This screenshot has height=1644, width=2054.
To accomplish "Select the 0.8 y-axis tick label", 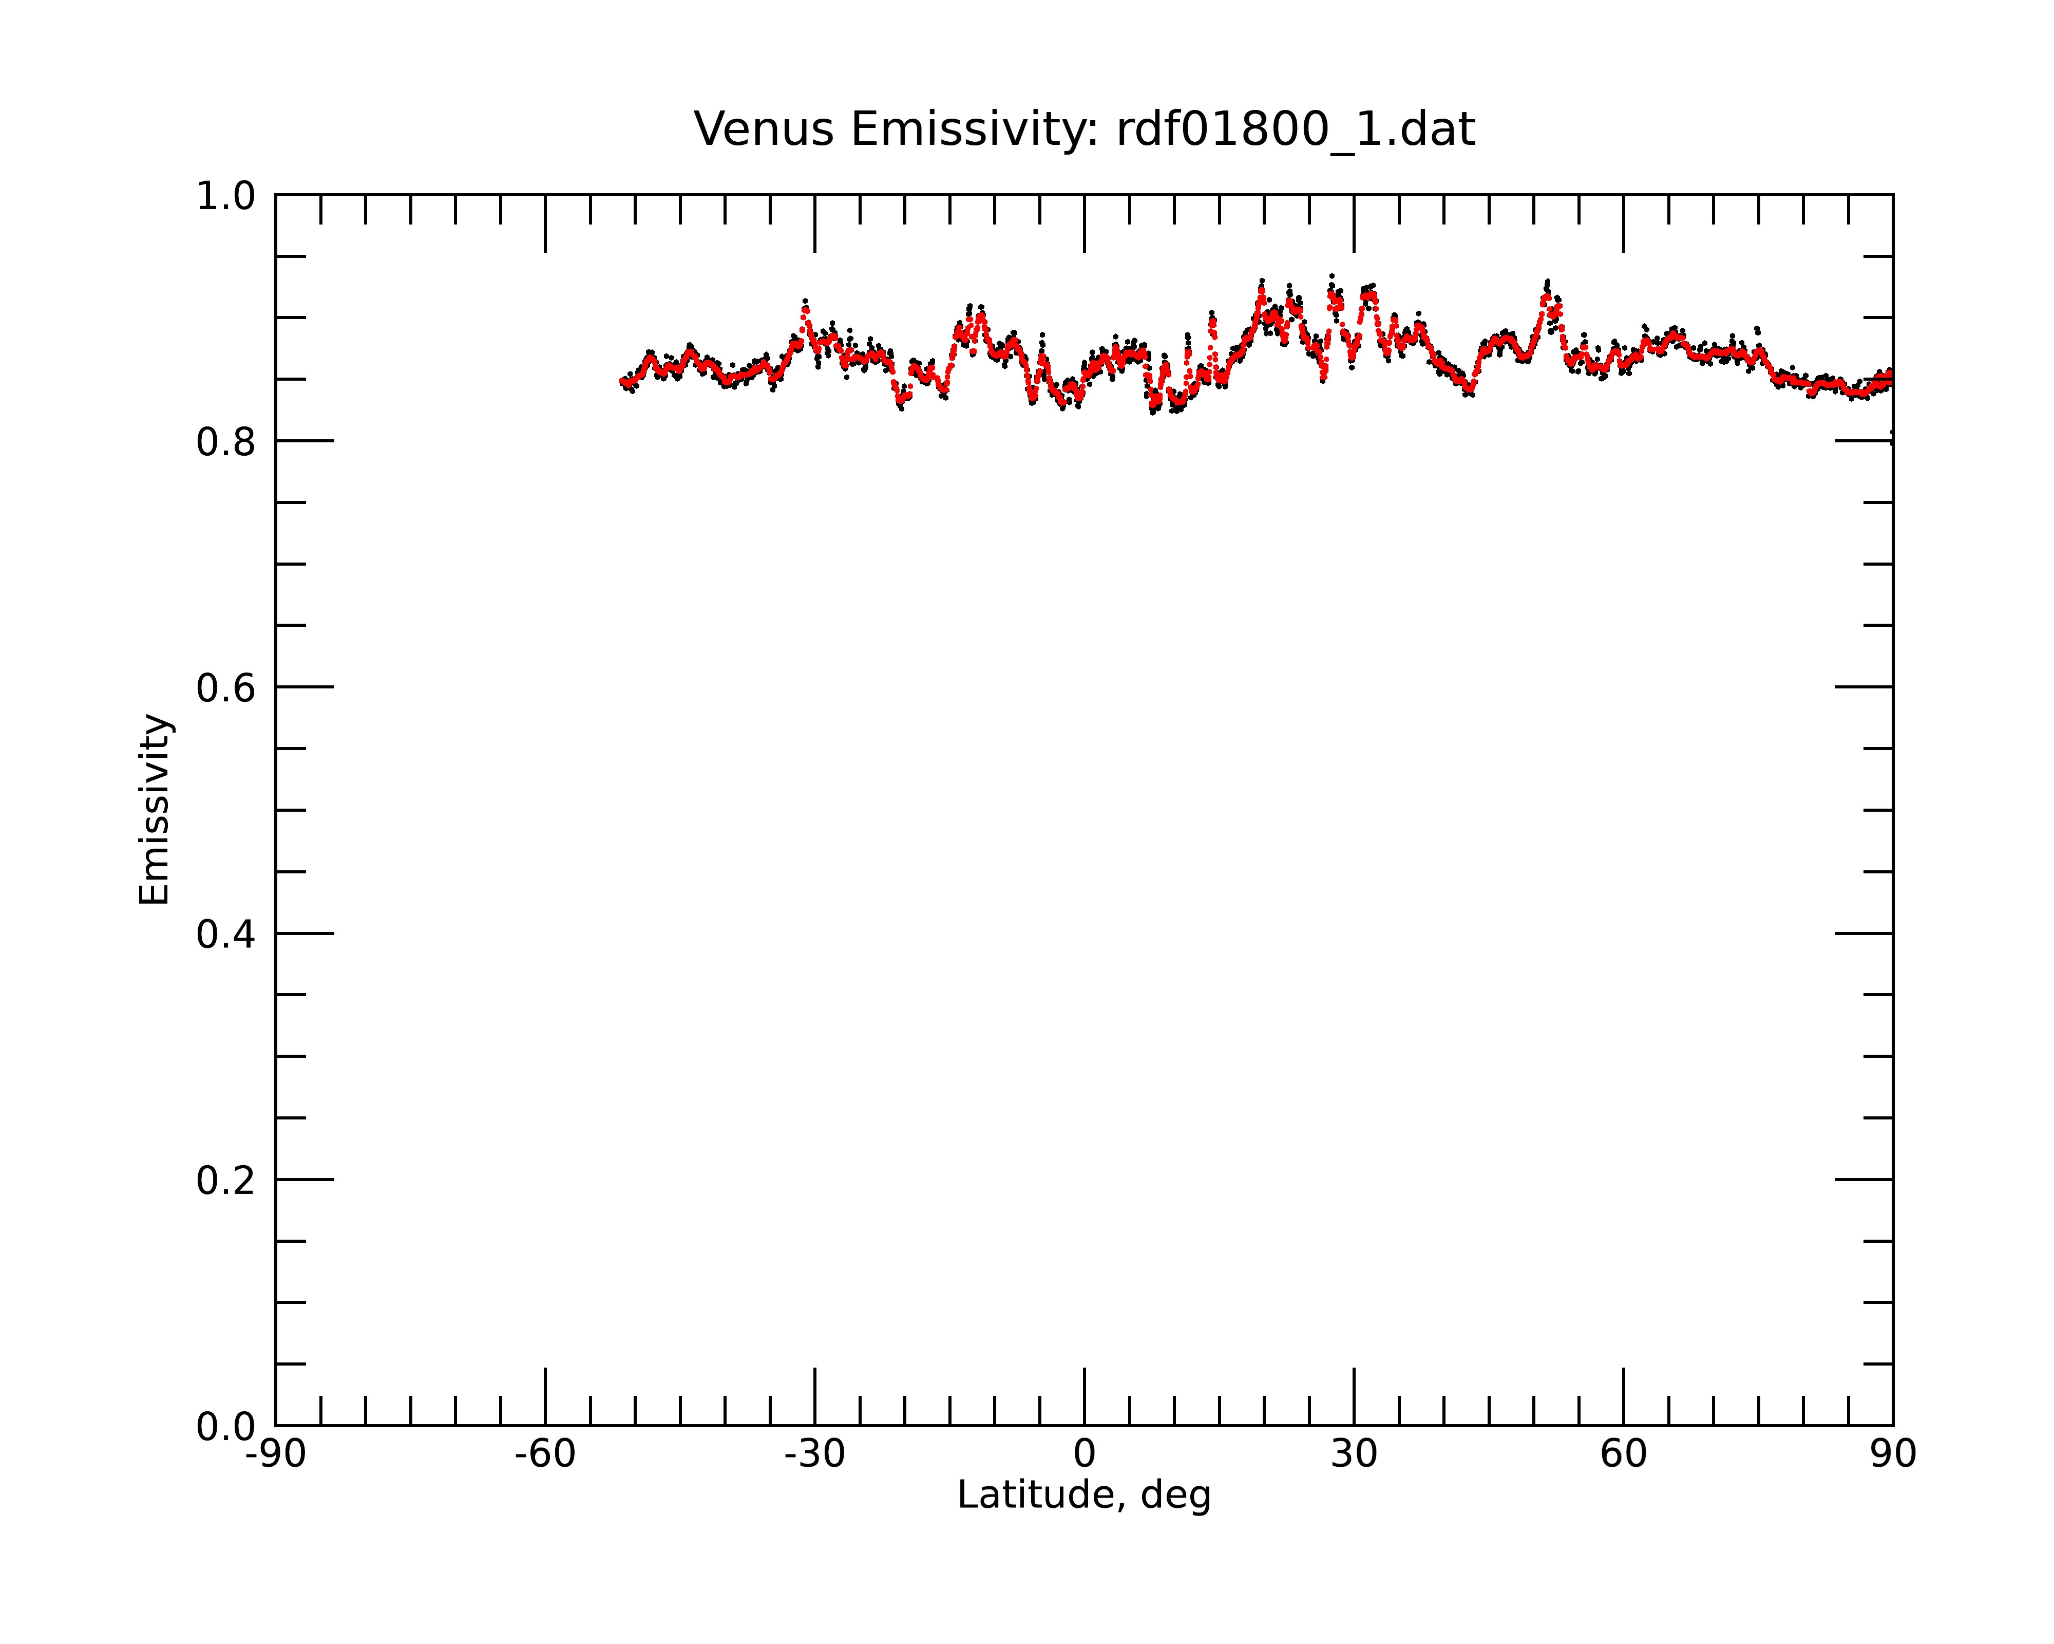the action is tap(226, 442).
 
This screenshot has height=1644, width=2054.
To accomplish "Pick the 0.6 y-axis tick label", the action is tap(226, 688).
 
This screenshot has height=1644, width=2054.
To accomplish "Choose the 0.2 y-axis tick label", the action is tap(226, 1181).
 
